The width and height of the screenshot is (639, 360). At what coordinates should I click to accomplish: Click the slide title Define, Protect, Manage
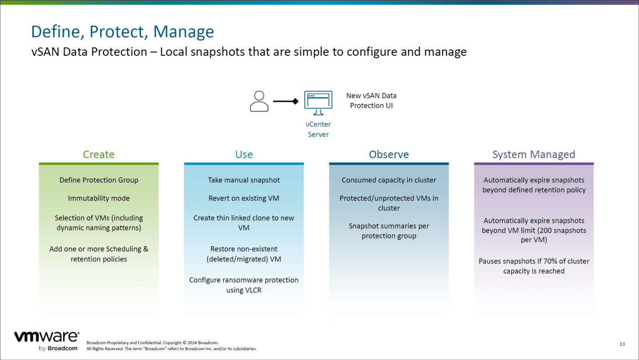pos(122,32)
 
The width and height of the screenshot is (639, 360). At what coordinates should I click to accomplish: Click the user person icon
pos(259,101)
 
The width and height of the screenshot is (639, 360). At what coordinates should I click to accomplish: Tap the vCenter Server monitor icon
pos(318,102)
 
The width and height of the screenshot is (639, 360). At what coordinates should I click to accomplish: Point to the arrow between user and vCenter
pos(285,101)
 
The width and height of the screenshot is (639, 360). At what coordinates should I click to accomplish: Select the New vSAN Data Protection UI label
pos(371,101)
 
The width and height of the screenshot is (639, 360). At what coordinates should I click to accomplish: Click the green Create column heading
pos(99,154)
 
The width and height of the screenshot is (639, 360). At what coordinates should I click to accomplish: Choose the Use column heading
pos(244,154)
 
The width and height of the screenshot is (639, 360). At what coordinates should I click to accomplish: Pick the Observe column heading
pos(389,154)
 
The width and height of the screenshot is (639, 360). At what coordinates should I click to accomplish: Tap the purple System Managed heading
pos(534,154)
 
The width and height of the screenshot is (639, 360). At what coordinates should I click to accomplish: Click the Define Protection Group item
pos(99,180)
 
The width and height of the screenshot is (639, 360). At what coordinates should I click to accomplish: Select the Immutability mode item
pos(99,199)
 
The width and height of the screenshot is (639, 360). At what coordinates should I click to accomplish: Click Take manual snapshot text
pos(244,180)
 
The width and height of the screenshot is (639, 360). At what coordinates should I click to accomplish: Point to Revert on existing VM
pos(244,199)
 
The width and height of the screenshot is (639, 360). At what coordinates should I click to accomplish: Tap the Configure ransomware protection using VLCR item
pos(244,285)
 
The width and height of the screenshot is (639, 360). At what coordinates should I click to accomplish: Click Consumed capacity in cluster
pos(389,180)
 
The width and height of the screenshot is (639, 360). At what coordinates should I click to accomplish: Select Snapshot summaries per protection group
pos(389,231)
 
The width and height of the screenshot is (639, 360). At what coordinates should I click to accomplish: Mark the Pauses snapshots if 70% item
pos(534,266)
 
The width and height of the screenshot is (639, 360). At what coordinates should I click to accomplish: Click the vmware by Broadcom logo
pos(47,341)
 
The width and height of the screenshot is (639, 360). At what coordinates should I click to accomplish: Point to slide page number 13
pos(622,344)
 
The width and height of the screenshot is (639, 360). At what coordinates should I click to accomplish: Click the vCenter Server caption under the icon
pos(318,129)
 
